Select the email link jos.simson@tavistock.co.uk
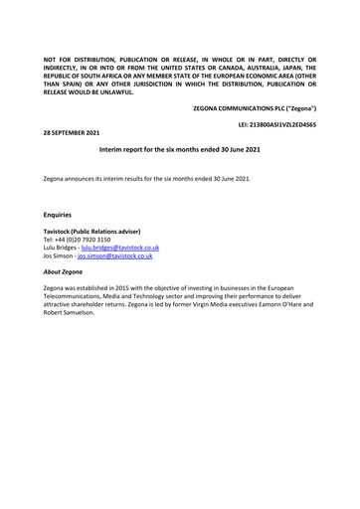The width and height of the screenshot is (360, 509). click(118, 255)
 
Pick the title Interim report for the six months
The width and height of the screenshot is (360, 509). click(179, 147)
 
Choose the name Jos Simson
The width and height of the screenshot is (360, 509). click(63, 255)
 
